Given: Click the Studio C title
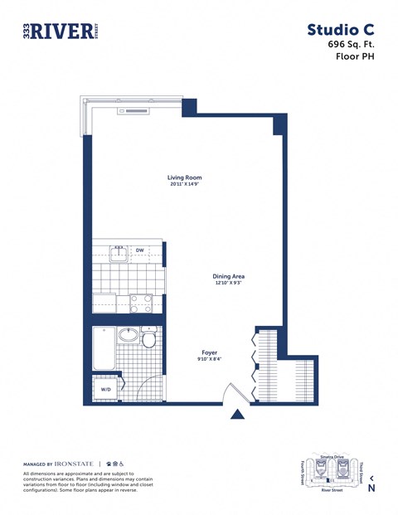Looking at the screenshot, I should (340, 31).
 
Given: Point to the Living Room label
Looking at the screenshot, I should (185, 177).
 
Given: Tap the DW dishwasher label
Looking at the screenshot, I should (140, 250).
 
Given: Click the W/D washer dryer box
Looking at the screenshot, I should (106, 389).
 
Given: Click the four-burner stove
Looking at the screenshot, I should (140, 303).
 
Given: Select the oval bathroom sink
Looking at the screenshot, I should (128, 335).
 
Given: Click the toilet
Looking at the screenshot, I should (149, 338).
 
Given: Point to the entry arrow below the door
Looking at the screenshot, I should (238, 415).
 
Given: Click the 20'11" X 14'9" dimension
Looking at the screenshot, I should (185, 185).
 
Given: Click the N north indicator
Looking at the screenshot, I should (371, 488).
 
